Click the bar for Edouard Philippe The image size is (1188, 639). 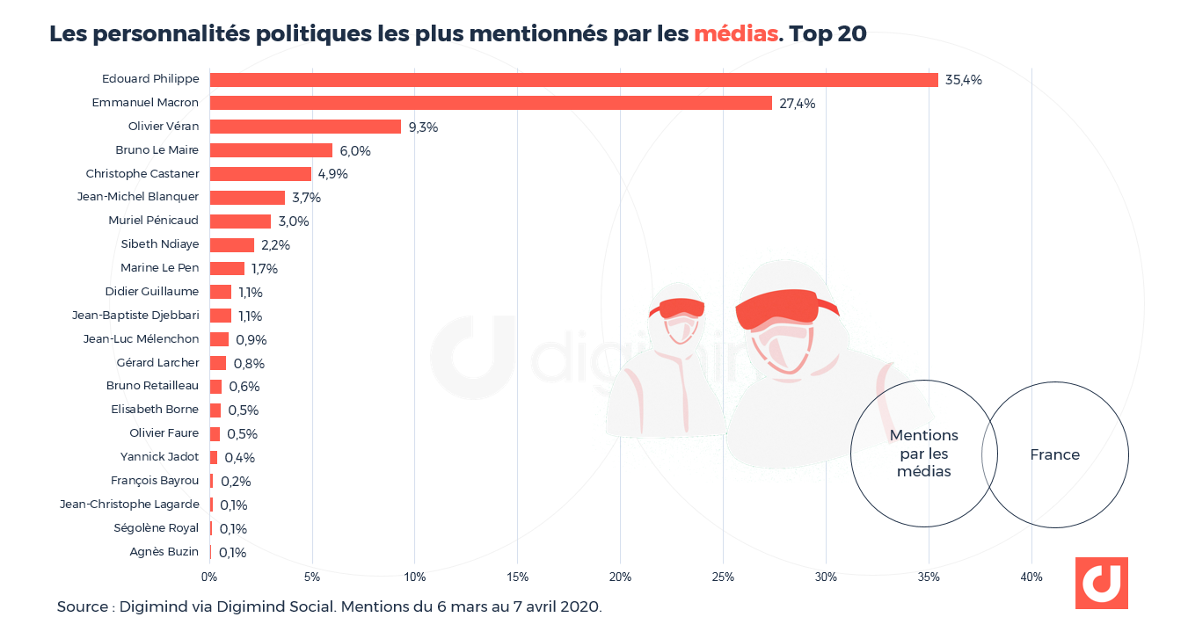pos(573,80)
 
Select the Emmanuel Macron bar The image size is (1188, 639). pos(491,103)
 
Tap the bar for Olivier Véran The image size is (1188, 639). pos(305,127)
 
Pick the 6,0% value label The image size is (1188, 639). pos(355,151)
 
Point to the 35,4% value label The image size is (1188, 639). pos(964,80)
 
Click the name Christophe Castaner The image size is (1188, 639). pos(142,173)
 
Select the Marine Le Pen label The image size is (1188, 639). pos(160,268)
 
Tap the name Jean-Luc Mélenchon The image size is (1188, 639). pos(141,339)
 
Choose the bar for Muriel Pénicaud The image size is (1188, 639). pos(240,221)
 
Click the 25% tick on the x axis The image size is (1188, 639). pos(723,577)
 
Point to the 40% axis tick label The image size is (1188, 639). pos(1031,577)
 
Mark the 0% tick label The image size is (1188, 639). pos(209,577)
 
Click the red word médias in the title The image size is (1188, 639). pos(736,34)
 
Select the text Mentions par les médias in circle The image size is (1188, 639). pos(924,454)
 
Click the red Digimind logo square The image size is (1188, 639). pos(1101,583)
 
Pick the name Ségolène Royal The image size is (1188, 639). pos(157,528)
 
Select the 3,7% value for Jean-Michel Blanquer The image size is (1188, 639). pos(306,198)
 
